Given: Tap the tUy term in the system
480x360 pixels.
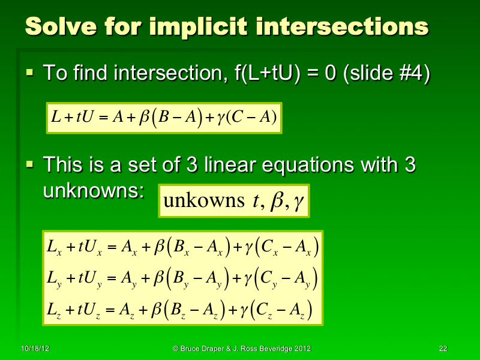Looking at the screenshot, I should pyautogui.click(x=88, y=279).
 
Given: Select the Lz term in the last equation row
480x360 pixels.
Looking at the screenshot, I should pyautogui.click(x=52, y=311).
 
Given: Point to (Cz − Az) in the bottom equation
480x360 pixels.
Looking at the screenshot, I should pyautogui.click(x=280, y=310).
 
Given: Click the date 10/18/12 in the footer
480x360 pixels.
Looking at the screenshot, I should pyautogui.click(x=34, y=349).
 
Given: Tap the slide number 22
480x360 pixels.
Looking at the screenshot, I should pyautogui.click(x=444, y=349).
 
